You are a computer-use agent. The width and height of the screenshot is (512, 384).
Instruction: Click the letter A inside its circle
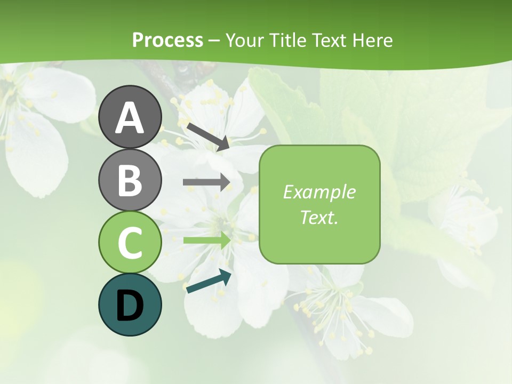click(130, 118)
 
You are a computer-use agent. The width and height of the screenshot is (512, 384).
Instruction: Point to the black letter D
click(130, 306)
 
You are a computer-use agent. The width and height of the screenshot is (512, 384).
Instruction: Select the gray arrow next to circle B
click(206, 182)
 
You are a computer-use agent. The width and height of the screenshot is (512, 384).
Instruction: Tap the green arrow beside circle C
click(206, 241)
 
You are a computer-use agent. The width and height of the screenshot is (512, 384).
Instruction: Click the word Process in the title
click(167, 40)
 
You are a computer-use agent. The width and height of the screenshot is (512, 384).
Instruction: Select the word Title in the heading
click(288, 40)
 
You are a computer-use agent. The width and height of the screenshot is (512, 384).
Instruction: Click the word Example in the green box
click(319, 192)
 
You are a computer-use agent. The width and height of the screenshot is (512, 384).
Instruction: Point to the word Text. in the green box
click(319, 217)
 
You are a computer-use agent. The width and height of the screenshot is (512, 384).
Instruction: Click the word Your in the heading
click(246, 40)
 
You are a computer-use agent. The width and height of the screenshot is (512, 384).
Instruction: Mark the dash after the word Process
click(214, 41)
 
